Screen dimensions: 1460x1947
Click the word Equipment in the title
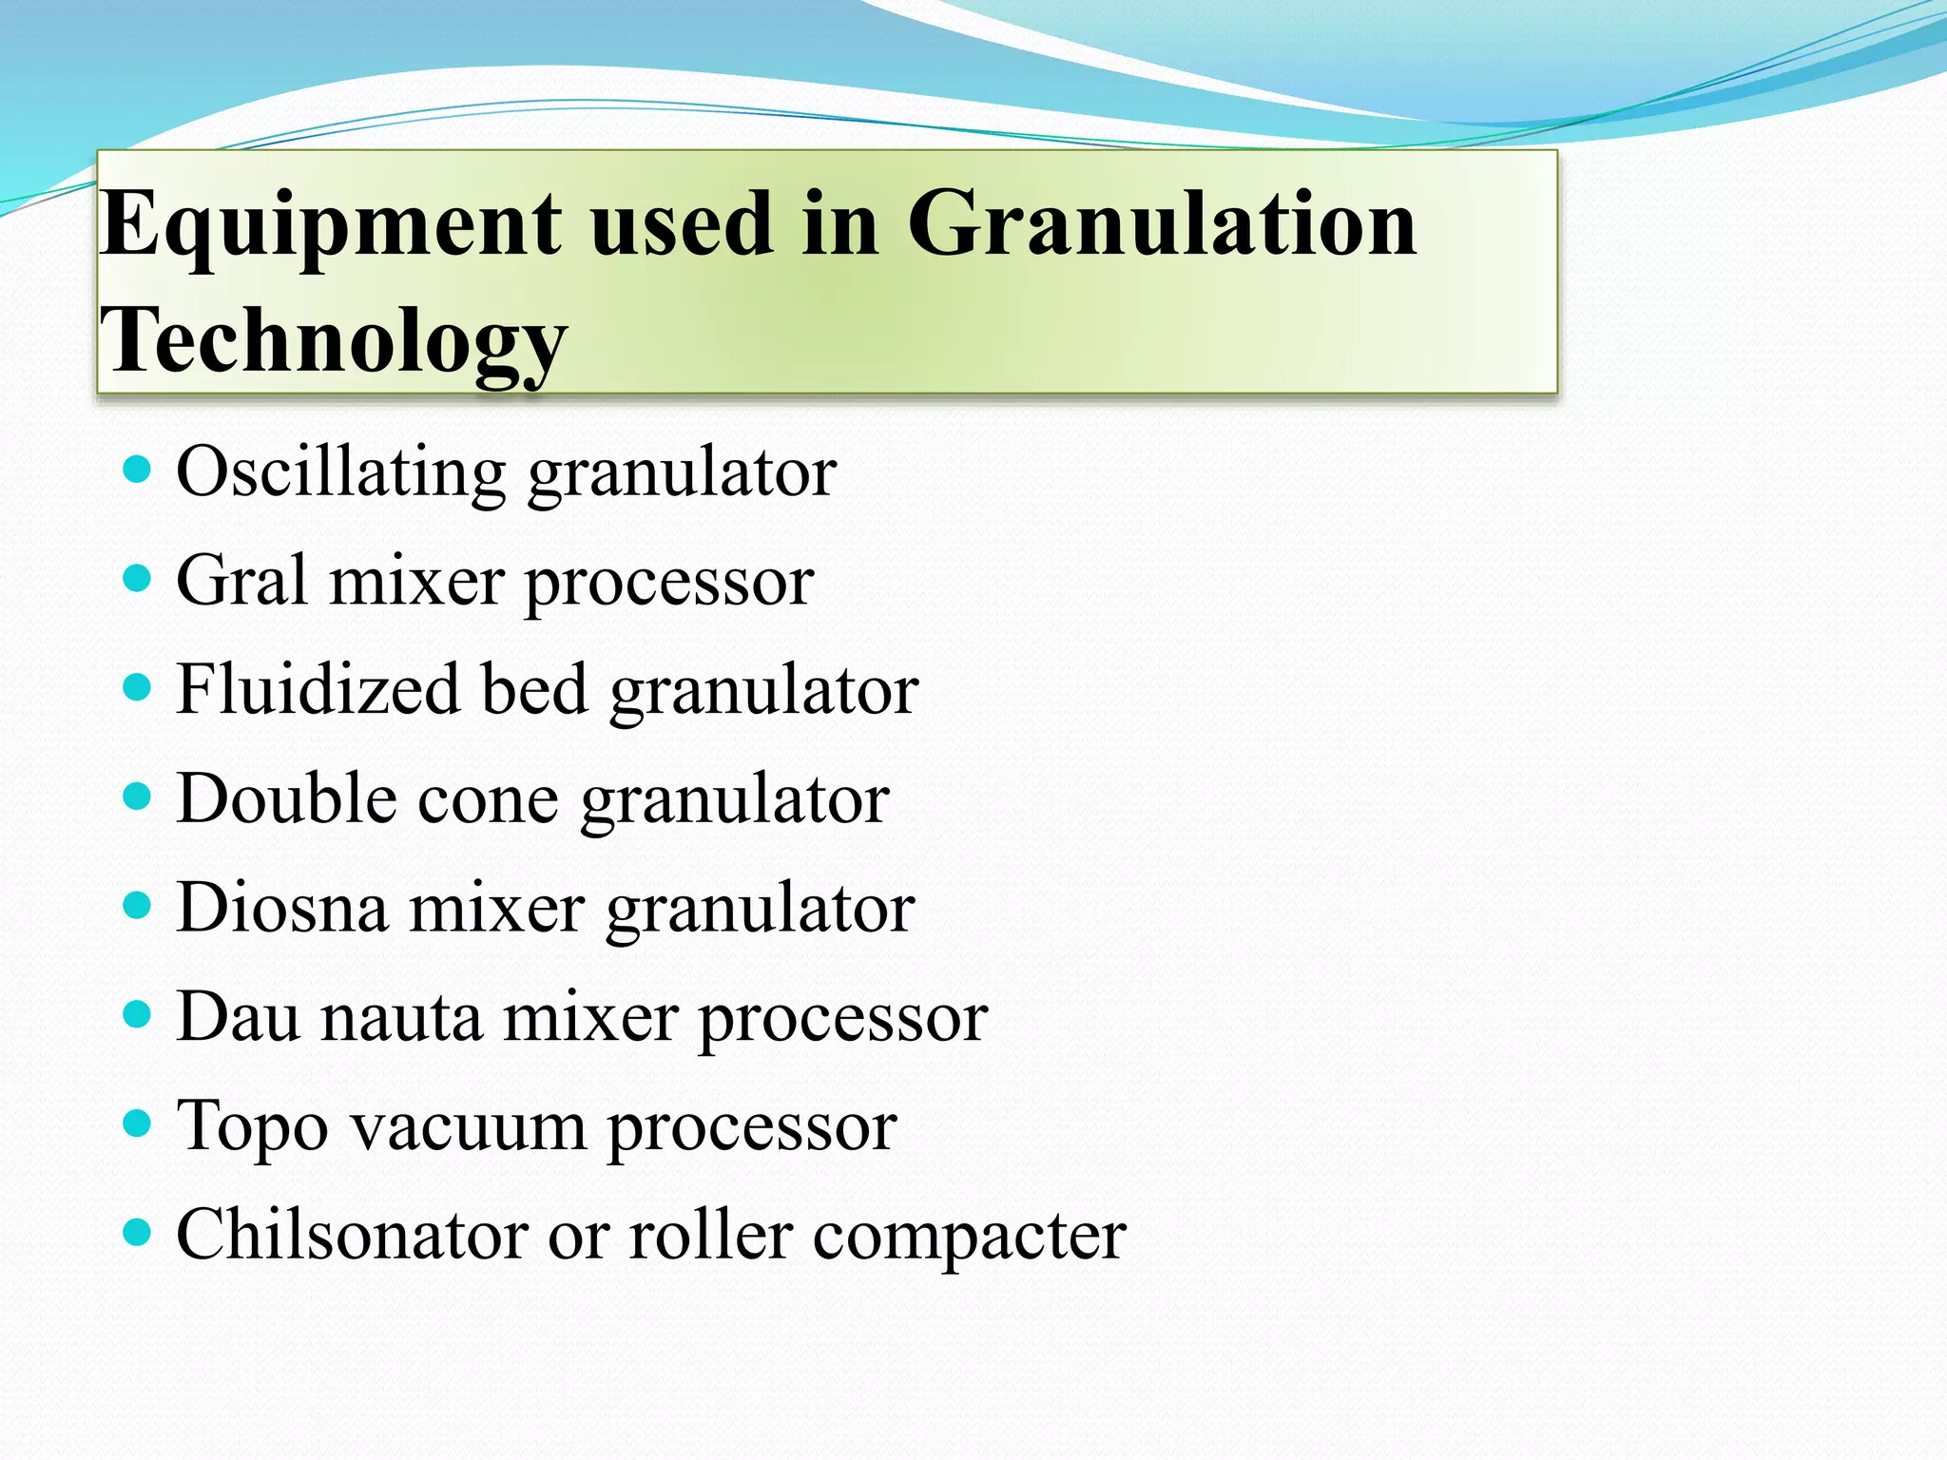click(x=331, y=226)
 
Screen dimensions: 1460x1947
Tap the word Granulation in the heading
click(x=1162, y=224)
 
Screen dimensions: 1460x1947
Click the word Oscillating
click(x=340, y=472)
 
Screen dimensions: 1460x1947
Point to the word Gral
click(x=241, y=581)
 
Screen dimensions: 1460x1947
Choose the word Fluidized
click(x=318, y=689)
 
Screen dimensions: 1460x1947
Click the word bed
click(x=534, y=689)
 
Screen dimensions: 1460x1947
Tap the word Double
click(x=286, y=798)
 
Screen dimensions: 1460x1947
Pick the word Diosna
click(x=282, y=908)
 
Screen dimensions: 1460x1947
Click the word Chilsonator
click(x=351, y=1236)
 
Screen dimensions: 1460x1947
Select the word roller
click(x=711, y=1236)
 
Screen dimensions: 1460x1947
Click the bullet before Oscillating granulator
click(x=138, y=469)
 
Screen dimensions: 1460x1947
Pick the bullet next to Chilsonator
click(x=138, y=1233)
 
